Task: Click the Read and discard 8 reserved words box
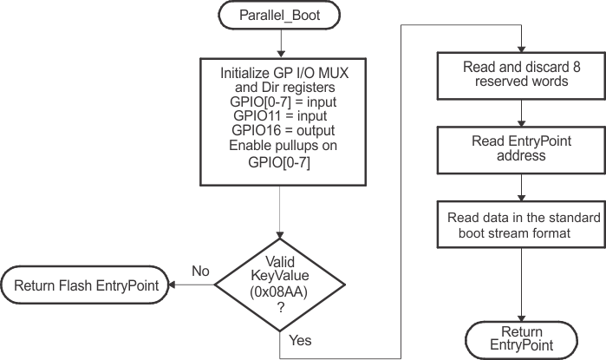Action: (x=520, y=75)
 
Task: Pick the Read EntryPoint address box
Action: (x=520, y=149)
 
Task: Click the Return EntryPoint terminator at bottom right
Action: (x=521, y=338)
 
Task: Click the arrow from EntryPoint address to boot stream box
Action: (x=520, y=185)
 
